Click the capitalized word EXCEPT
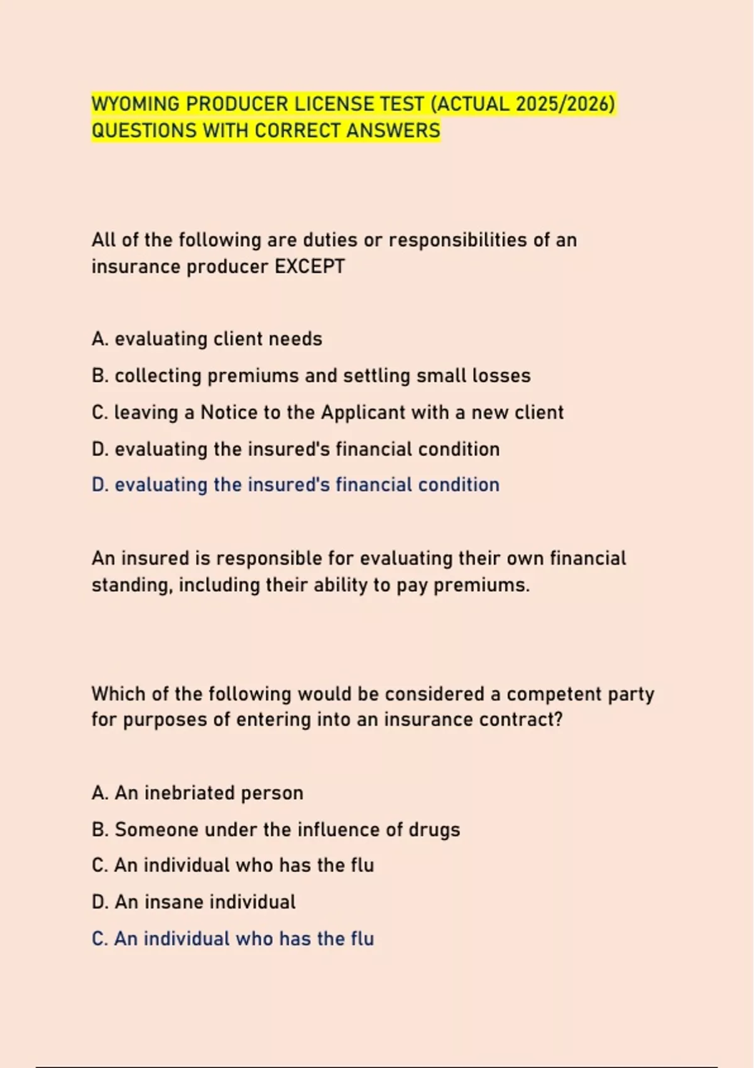(x=310, y=266)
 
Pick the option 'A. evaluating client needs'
(x=207, y=339)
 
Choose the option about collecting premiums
(x=311, y=376)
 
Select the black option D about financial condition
(x=295, y=449)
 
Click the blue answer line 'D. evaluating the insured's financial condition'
(x=295, y=485)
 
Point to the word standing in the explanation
(x=131, y=586)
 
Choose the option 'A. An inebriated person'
(x=197, y=793)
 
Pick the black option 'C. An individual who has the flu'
(x=232, y=866)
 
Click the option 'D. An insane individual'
(x=194, y=902)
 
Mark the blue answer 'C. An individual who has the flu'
(x=232, y=939)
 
